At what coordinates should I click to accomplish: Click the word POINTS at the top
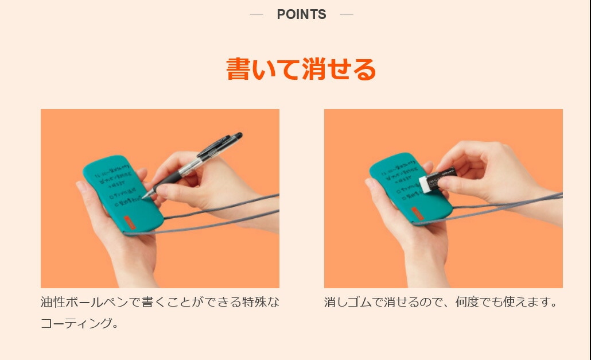[x=301, y=15]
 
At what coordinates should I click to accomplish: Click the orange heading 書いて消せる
[x=301, y=69]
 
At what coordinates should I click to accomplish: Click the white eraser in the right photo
[x=427, y=184]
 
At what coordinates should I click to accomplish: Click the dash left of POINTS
[x=256, y=14]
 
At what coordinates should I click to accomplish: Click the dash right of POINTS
[x=347, y=14]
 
